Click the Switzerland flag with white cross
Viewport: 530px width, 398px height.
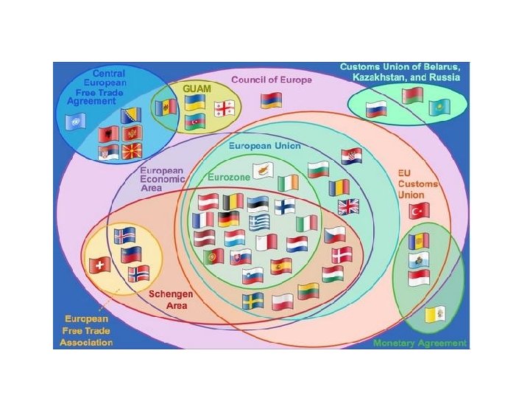pyautogui.click(x=97, y=265)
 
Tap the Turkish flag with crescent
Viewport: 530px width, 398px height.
pyautogui.click(x=419, y=211)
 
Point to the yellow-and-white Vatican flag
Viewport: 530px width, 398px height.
pyautogui.click(x=435, y=315)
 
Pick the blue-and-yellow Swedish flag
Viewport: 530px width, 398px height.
pyautogui.click(x=253, y=301)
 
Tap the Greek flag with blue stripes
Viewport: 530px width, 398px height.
pyautogui.click(x=259, y=222)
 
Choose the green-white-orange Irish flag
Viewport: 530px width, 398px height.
pyautogui.click(x=289, y=181)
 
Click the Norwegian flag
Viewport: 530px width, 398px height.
pyautogui.click(x=138, y=274)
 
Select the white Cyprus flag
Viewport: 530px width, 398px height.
pyautogui.click(x=263, y=170)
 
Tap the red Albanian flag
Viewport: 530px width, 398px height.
pyautogui.click(x=107, y=134)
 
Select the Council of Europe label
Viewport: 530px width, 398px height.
pyautogui.click(x=272, y=79)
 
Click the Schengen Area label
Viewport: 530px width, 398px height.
pyautogui.click(x=171, y=299)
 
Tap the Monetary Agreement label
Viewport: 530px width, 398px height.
pyautogui.click(x=420, y=343)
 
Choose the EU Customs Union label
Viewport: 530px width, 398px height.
pyautogui.click(x=417, y=184)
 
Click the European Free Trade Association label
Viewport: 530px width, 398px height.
pyautogui.click(x=88, y=330)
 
